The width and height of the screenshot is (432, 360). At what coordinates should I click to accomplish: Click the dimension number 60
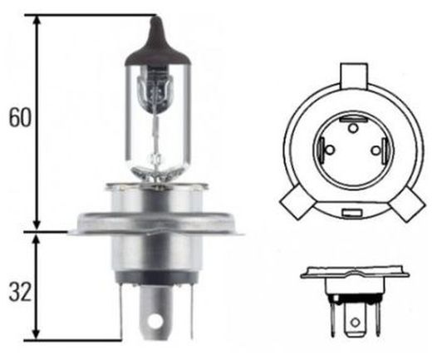pos(18,117)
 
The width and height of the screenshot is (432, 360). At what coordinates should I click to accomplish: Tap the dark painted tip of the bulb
pos(155,34)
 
